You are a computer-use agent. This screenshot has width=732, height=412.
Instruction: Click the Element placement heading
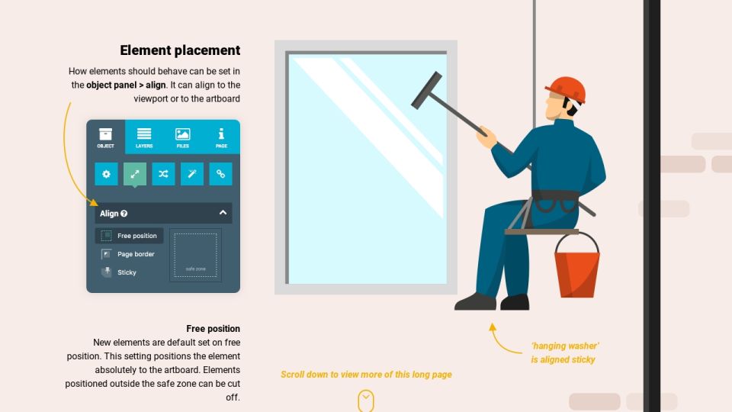pos(180,50)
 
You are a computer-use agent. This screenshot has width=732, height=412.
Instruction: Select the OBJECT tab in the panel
pos(105,137)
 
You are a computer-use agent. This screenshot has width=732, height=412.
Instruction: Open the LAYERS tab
pos(144,137)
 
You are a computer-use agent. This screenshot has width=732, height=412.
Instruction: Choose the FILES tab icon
pos(182,134)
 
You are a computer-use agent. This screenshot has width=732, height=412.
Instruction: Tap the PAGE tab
pos(221,137)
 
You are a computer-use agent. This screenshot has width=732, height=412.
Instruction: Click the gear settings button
pos(107,174)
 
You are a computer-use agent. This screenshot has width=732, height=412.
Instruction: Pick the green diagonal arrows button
pos(135,174)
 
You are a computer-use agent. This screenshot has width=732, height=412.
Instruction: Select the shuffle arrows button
pos(163,174)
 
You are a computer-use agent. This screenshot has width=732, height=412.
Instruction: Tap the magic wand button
pos(192,174)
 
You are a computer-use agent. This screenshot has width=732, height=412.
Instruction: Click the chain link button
pos(220,174)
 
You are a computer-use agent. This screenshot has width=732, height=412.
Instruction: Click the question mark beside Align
pos(124,214)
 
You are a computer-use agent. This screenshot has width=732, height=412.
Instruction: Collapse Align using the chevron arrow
pos(223,213)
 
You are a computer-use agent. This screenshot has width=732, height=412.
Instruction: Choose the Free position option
pos(130,236)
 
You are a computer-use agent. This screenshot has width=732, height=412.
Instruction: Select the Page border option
pos(128,254)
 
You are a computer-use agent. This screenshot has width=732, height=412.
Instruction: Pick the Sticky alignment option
pos(119,272)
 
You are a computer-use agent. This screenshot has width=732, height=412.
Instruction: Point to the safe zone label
pos(196,269)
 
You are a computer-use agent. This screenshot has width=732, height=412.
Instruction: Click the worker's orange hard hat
pos(565,89)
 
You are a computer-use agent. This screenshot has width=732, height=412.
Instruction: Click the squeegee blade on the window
pos(426,90)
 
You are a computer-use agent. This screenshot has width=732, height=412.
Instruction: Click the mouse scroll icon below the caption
pos(366,401)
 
